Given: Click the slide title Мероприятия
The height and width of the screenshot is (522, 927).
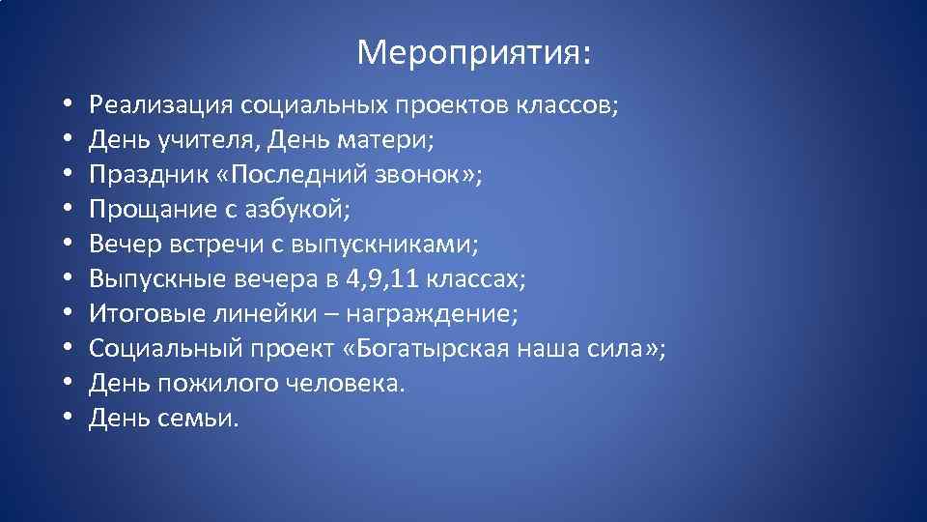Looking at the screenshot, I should point(474,53).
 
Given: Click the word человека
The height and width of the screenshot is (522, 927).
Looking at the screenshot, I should point(353,384).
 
